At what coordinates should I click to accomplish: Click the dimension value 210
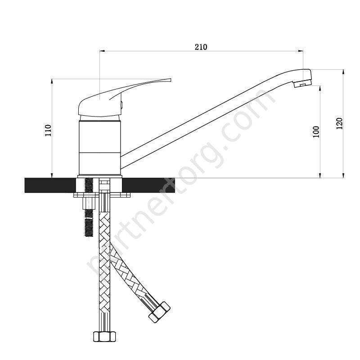coord(201,47)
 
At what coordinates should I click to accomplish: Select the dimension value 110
coord(49,130)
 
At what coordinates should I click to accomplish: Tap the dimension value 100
coord(316,132)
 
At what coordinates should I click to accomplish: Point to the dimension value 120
coord(339,123)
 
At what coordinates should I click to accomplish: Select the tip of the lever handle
coord(171,80)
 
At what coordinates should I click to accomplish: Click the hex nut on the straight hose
coord(104,337)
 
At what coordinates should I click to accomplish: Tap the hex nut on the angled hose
coord(159,312)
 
